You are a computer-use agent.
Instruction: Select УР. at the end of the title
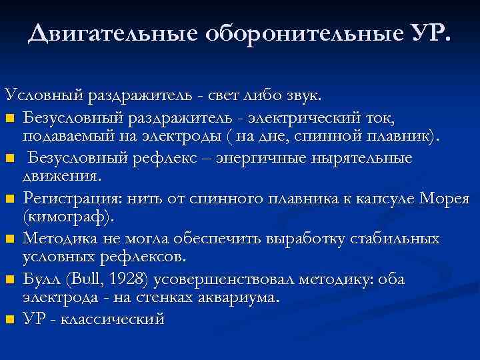[x=427, y=32]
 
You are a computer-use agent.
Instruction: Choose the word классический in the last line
[x=112, y=319]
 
